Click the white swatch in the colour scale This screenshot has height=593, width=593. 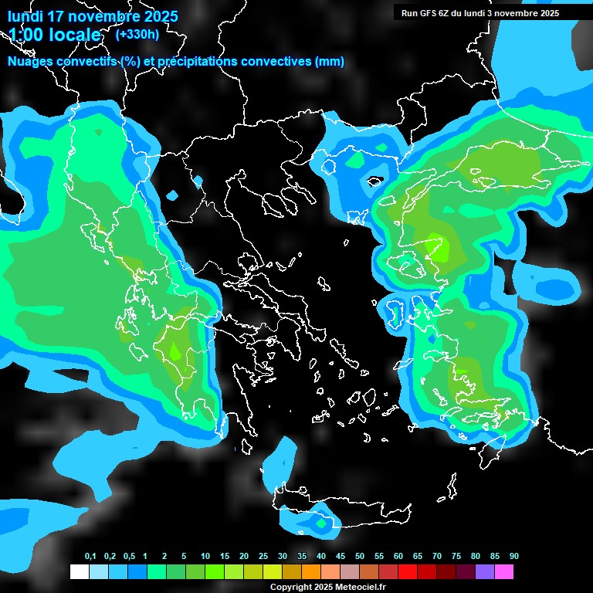(79, 572)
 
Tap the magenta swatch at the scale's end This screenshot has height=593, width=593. (504, 572)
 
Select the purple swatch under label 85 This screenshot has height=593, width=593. (485, 572)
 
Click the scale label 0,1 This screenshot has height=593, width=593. (90, 557)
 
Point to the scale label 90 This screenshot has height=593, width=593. (514, 557)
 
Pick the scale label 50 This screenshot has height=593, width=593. (360, 557)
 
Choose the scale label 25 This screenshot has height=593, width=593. (263, 557)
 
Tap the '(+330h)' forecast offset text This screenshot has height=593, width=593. (137, 34)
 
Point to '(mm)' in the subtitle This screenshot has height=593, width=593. (330, 62)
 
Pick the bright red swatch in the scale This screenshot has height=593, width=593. (408, 572)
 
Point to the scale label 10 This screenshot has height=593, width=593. (205, 557)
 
